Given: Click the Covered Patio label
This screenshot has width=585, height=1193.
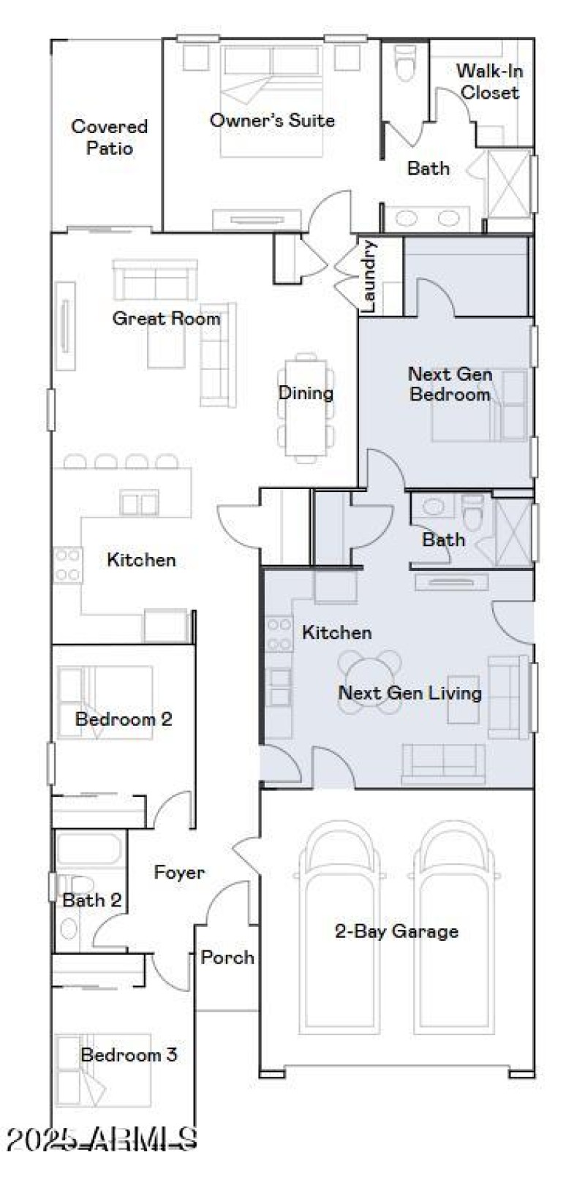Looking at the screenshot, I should pos(109,137).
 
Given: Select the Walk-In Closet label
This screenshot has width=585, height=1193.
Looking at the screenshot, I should pos(489,81).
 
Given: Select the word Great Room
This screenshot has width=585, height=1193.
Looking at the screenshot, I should pos(166,319).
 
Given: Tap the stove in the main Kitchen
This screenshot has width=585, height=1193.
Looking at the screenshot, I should pos(67,564).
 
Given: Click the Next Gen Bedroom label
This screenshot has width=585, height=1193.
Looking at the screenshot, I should pos(450,384).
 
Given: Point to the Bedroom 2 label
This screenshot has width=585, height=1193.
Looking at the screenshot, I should pos(124,719).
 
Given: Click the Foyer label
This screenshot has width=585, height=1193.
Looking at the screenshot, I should pos(179,872).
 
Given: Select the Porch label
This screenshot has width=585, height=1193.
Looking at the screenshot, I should pos(227,957).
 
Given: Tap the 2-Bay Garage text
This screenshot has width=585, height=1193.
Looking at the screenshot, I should pos(396,931).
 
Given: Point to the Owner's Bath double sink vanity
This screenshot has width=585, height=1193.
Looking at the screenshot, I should pos(428,218).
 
